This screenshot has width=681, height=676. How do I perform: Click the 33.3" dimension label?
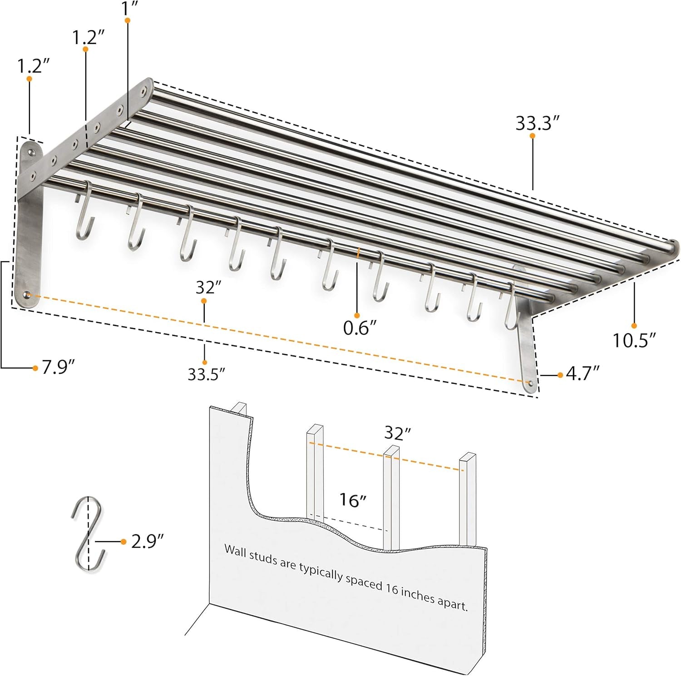[x=537, y=123]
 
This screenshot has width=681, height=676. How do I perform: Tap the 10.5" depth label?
[x=634, y=340]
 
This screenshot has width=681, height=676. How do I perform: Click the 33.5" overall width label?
[x=207, y=375]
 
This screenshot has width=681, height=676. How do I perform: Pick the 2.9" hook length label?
[x=147, y=541]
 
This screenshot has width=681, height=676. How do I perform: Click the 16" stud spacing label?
[x=353, y=500]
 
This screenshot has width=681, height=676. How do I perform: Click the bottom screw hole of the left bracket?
[x=28, y=296]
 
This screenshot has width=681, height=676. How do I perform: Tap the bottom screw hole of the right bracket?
[x=529, y=383]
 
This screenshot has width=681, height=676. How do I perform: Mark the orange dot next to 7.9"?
[x=35, y=368]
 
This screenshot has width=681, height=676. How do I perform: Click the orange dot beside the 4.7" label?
[x=560, y=375]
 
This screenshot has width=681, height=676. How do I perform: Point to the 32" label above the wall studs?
[x=397, y=433]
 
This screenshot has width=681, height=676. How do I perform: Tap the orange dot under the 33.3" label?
[x=532, y=135]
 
